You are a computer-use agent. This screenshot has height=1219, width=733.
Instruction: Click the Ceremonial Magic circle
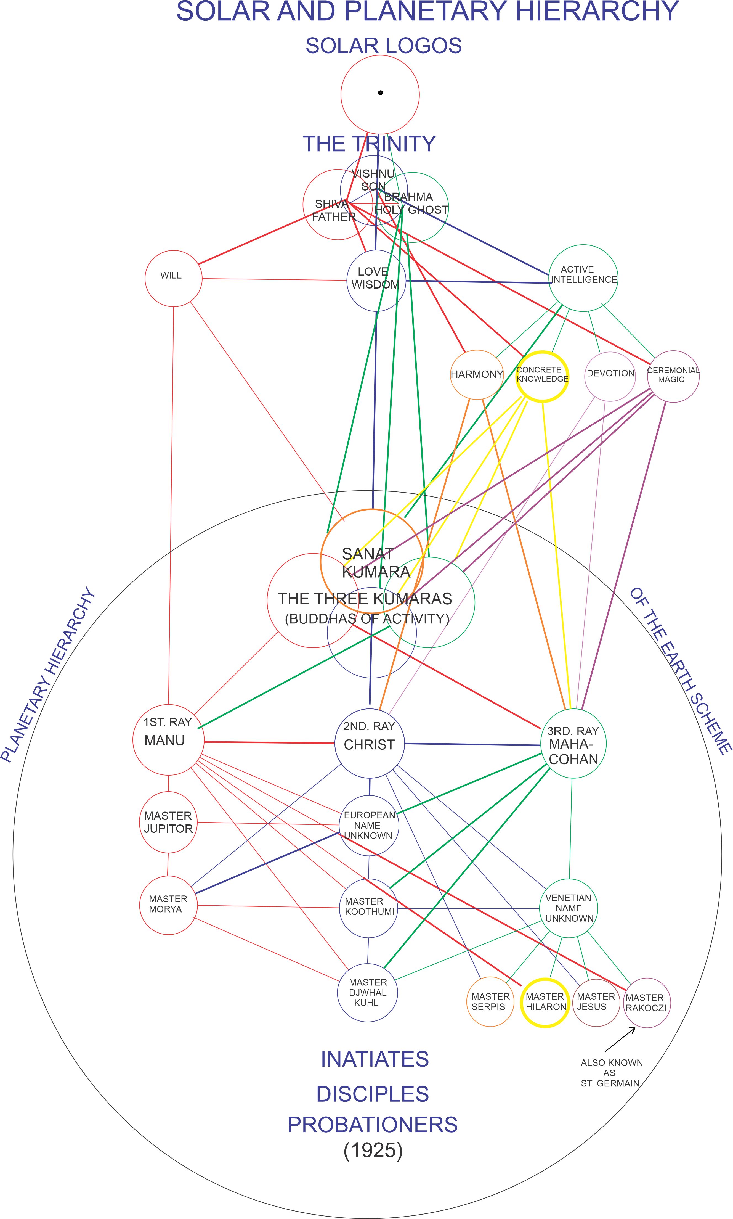pyautogui.click(x=673, y=377)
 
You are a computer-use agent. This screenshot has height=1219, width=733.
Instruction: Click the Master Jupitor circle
pyautogui.click(x=168, y=822)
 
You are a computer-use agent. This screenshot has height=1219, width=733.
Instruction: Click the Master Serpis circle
pyautogui.click(x=490, y=1002)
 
